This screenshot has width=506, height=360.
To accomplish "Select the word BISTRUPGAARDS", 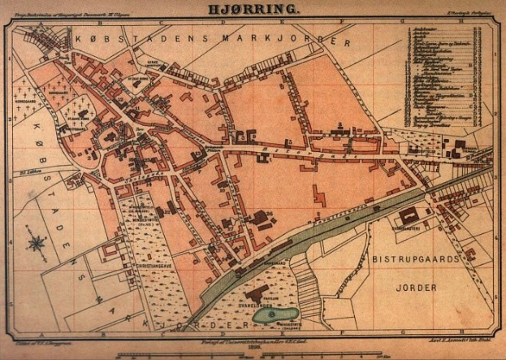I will pyautogui.click(x=417, y=258).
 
